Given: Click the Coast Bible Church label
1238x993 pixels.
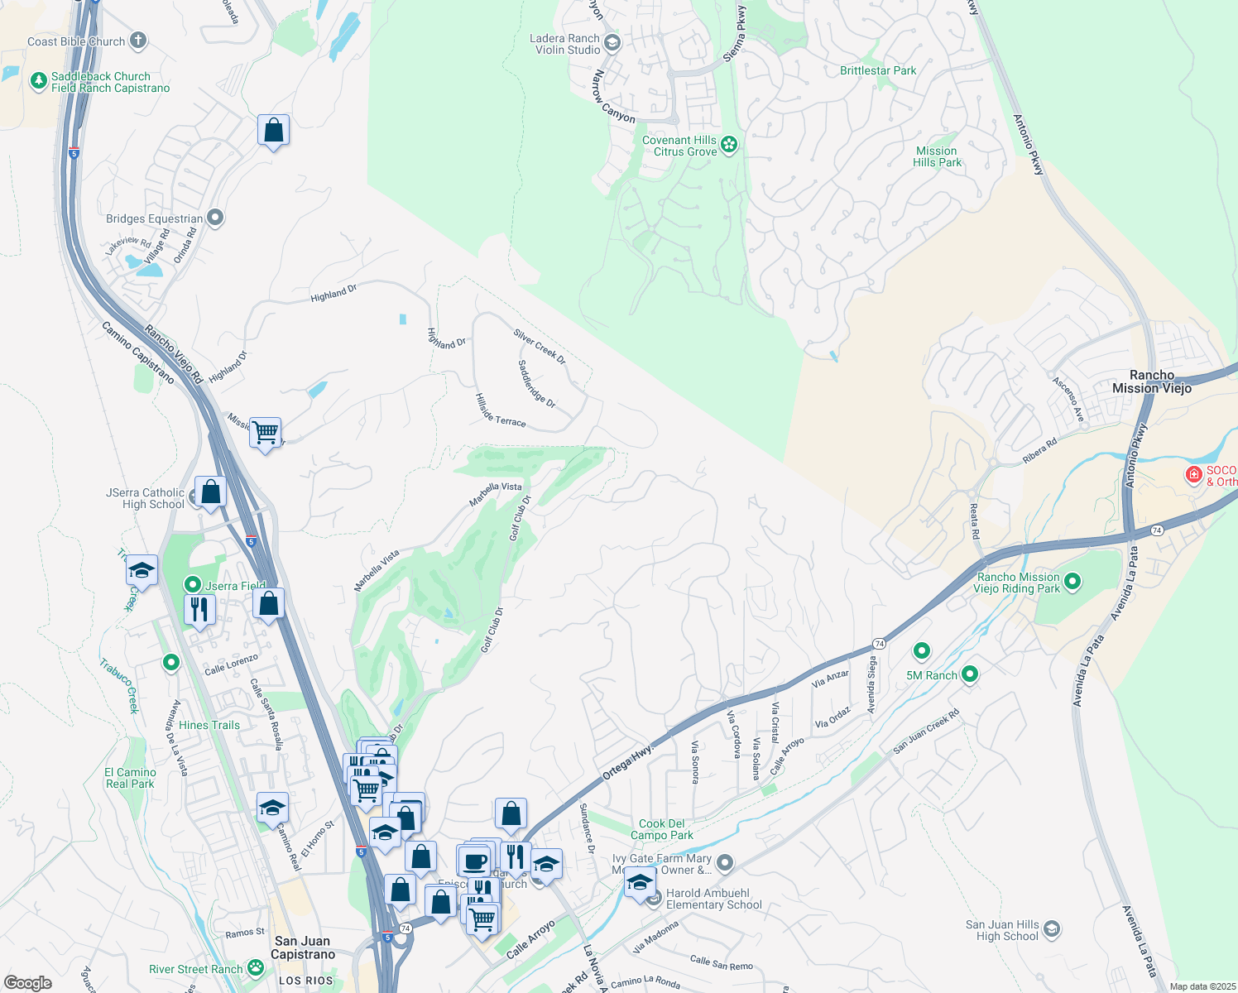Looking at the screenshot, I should point(76,41).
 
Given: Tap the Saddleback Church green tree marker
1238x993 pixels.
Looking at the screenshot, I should point(38,81).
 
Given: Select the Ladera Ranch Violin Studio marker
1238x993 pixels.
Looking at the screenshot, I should point(612,42).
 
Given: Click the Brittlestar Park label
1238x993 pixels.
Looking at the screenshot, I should point(878,70).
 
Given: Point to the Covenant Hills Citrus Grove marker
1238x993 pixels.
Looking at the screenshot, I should point(729,145).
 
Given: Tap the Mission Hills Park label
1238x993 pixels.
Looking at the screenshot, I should point(937,156).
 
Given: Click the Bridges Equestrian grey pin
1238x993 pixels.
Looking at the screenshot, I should point(215,218).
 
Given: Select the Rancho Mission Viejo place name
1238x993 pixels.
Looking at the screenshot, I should point(1152,381).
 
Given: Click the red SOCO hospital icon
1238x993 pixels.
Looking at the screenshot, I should point(1193,474).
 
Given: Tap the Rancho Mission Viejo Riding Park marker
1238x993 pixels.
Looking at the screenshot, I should point(1072,582).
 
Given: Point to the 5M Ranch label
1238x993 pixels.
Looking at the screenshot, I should point(931,675).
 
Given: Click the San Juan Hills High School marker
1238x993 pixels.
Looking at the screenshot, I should point(1052,929).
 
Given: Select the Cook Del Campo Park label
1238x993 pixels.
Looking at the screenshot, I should point(662,829).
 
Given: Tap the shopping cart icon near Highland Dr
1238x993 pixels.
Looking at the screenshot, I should point(266,432).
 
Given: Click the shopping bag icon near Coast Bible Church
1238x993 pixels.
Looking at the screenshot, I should point(273,131).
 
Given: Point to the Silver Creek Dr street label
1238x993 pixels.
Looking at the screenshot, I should point(540,347).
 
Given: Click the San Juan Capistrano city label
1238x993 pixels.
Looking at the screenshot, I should point(303,947).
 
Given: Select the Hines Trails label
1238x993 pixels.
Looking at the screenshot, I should point(209,725).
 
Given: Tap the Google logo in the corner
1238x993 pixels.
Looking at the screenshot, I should point(28,982).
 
